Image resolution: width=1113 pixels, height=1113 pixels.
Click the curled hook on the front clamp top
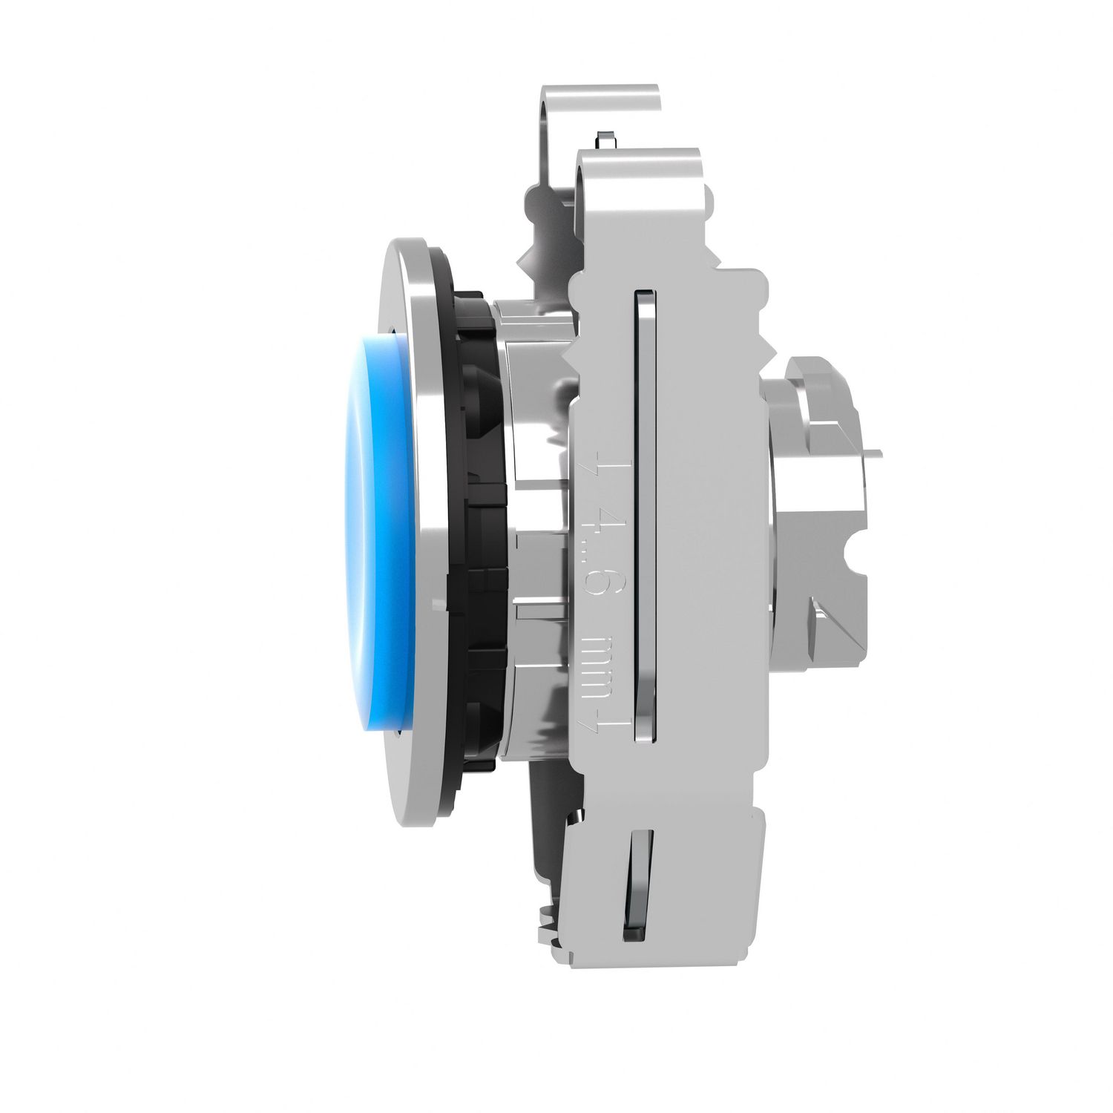coord(638,160)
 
